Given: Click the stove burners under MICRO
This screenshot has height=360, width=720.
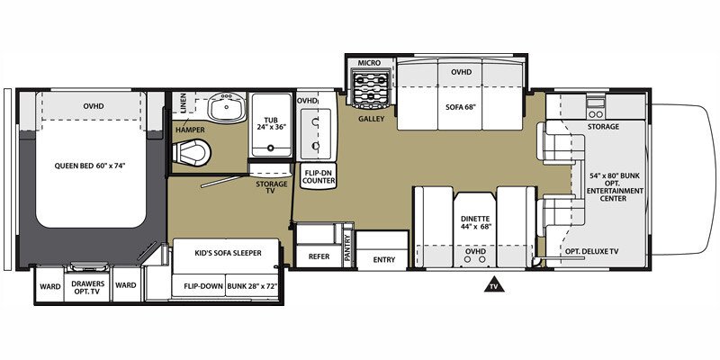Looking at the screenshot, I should pyautogui.click(x=369, y=89).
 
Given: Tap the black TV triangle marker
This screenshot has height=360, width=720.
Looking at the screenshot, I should pyautogui.click(x=493, y=285).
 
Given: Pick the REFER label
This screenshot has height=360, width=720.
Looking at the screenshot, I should pyautogui.click(x=318, y=256).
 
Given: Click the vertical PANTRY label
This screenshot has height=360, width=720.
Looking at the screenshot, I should pyautogui.click(x=347, y=247).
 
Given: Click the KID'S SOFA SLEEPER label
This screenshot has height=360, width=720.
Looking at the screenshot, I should pyautogui.click(x=229, y=253).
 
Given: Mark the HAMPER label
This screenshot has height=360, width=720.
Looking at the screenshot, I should pyautogui.click(x=189, y=130).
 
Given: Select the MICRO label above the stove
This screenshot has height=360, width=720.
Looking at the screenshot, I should pyautogui.click(x=369, y=63).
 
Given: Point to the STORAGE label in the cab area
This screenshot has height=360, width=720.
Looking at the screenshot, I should pyautogui.click(x=603, y=127).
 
